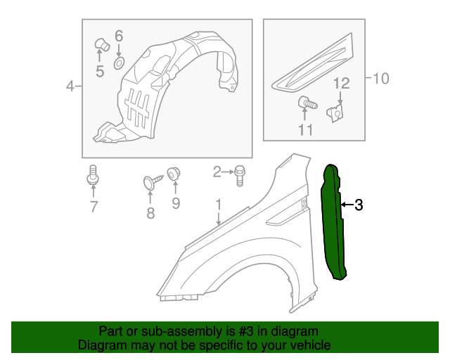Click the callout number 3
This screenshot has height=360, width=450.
(359, 205)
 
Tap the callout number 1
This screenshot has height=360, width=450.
(219, 204)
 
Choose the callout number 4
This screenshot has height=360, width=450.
(70, 86)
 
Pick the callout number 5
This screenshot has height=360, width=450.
(99, 70)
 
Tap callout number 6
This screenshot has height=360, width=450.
(119, 35)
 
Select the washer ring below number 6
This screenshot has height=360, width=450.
(119, 63)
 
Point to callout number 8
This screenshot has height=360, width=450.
(150, 213)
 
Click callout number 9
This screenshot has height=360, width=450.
(175, 204)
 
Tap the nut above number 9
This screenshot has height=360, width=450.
(174, 173)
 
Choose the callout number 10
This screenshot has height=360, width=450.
(380, 78)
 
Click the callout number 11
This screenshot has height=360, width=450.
(305, 129)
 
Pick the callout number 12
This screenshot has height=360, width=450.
(341, 84)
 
